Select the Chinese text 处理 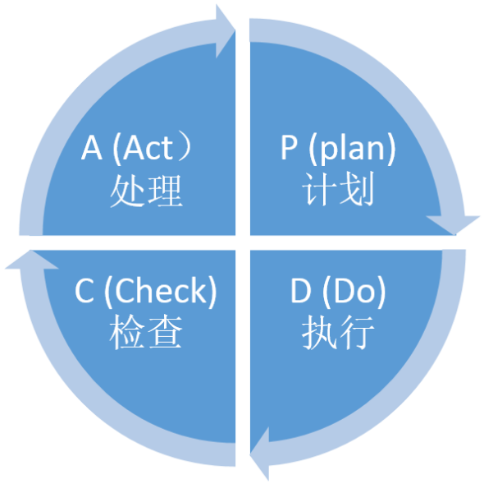(146, 191)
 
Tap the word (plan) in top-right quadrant (352, 148)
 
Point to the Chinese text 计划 (338, 189)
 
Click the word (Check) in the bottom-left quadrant (161, 292)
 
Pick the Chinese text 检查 (146, 332)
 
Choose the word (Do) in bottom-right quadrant (354, 292)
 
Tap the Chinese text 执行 (338, 333)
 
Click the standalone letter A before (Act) (92, 148)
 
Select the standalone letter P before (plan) (289, 148)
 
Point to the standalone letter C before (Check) (84, 291)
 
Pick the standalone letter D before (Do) (300, 291)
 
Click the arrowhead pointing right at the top (225, 31)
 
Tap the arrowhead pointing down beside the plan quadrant (453, 225)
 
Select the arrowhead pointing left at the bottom (259, 454)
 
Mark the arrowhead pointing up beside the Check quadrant (32, 260)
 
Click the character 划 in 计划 (357, 189)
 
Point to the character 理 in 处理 (165, 191)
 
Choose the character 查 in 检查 (165, 332)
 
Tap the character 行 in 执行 (357, 333)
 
